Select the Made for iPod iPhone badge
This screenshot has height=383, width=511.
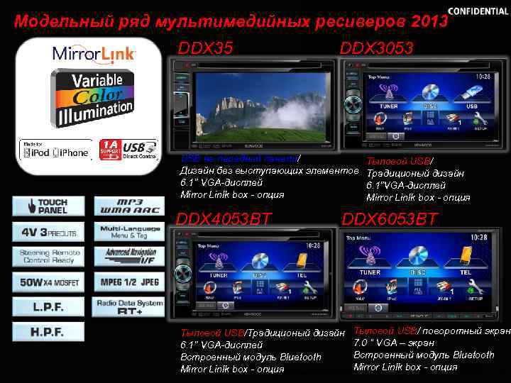click(55, 150)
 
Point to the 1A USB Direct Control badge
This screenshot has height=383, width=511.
click(128, 150)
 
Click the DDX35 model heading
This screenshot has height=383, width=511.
click(205, 48)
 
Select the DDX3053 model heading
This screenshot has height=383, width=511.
click(376, 48)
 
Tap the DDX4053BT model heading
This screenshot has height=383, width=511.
click(224, 219)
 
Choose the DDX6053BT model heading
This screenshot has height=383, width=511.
click(390, 219)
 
